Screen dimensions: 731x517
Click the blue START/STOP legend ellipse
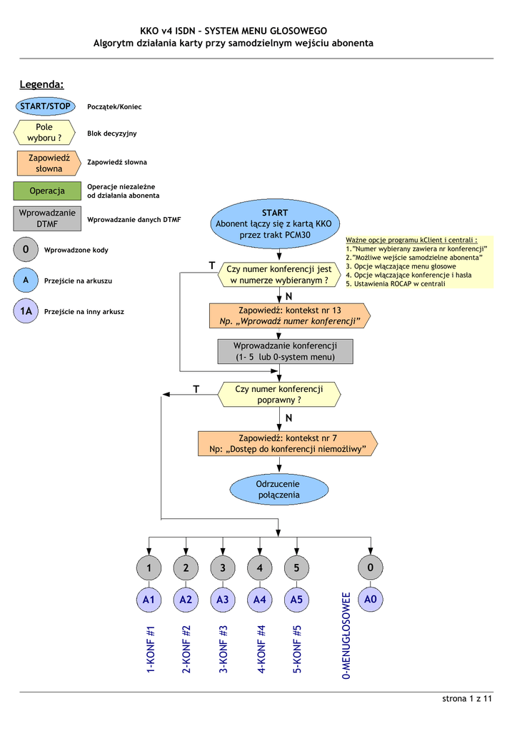tap(45, 106)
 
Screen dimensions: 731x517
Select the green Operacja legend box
tap(47, 191)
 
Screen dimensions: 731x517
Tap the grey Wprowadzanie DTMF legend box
tap(47, 218)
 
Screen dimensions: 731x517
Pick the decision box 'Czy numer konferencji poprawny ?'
tap(278, 394)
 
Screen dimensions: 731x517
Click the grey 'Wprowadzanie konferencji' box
tap(285, 351)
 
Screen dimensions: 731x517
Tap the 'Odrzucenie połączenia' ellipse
tap(278, 489)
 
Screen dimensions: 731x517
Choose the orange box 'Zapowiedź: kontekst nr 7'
tap(288, 443)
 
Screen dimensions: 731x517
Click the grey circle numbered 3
tap(223, 568)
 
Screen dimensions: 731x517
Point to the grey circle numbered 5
tap(296, 568)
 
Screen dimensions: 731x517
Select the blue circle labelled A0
tap(370, 600)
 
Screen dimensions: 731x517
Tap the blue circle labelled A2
tap(186, 600)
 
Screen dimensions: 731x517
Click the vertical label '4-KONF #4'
tap(261, 649)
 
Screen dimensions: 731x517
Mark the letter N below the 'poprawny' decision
tap(289, 418)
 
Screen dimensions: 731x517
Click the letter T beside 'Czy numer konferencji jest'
tap(212, 266)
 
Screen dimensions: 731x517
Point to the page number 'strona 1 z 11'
tap(468, 698)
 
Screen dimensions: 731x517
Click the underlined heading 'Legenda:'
tap(42, 86)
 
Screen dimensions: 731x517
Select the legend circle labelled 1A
tap(26, 311)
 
